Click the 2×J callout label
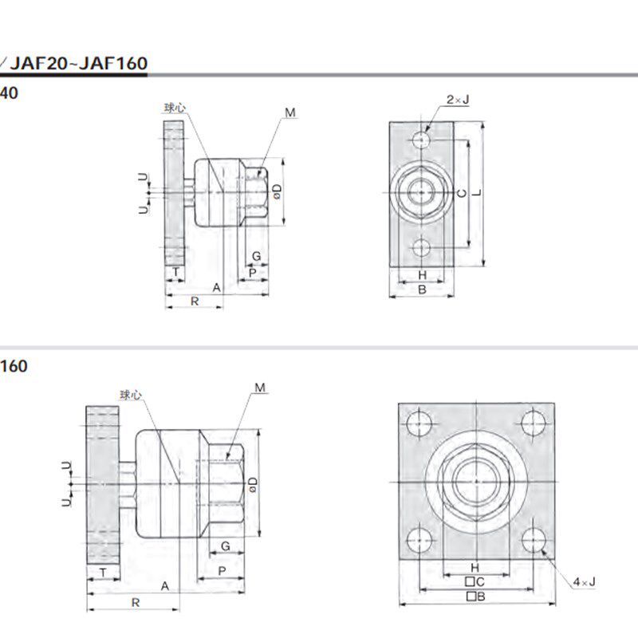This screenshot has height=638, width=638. pyautogui.click(x=458, y=100)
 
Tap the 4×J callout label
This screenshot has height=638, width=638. pyautogui.click(x=584, y=583)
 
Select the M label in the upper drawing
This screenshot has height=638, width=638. pyautogui.click(x=290, y=113)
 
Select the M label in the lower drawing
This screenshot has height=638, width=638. pyautogui.click(x=260, y=388)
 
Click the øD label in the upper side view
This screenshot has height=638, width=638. pyautogui.click(x=277, y=191)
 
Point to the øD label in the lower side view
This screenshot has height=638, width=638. pyautogui.click(x=252, y=483)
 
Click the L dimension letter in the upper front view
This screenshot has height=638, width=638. pyautogui.click(x=477, y=193)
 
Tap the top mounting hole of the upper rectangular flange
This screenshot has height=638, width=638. pyautogui.click(x=422, y=140)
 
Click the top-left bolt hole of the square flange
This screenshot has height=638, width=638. pyautogui.click(x=419, y=423)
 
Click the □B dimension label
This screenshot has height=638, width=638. pyautogui.click(x=476, y=596)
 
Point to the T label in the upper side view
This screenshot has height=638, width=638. pyautogui.click(x=175, y=273)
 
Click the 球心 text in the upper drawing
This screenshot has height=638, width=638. pyautogui.click(x=175, y=106)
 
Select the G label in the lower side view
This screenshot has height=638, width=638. pyautogui.click(x=226, y=545)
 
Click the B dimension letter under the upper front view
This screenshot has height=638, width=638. pyautogui.click(x=422, y=289)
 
